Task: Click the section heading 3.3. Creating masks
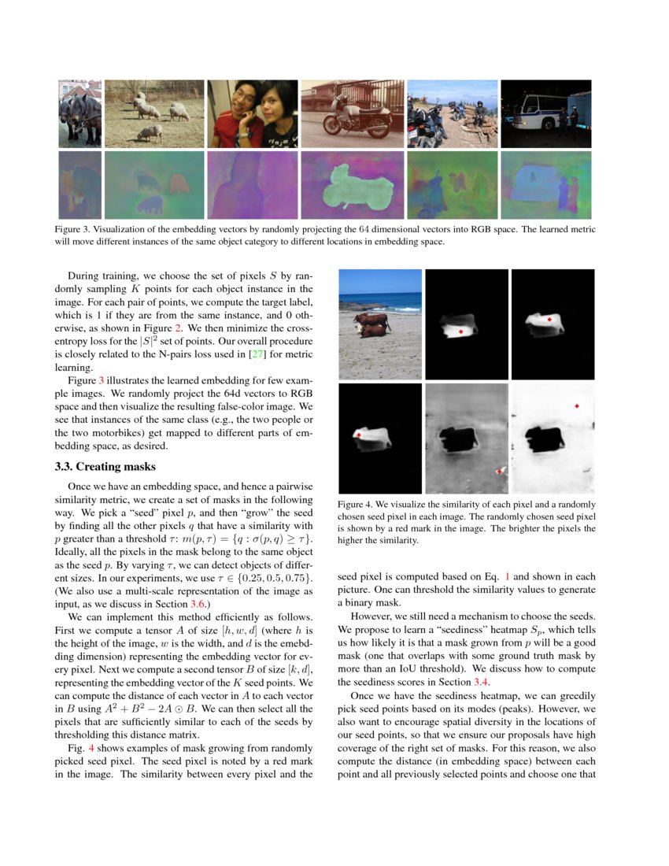(x=105, y=467)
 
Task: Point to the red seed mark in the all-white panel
(x=577, y=405)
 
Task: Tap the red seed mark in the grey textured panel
(x=500, y=471)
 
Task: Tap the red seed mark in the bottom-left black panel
(x=358, y=435)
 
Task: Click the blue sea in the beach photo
(x=380, y=299)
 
